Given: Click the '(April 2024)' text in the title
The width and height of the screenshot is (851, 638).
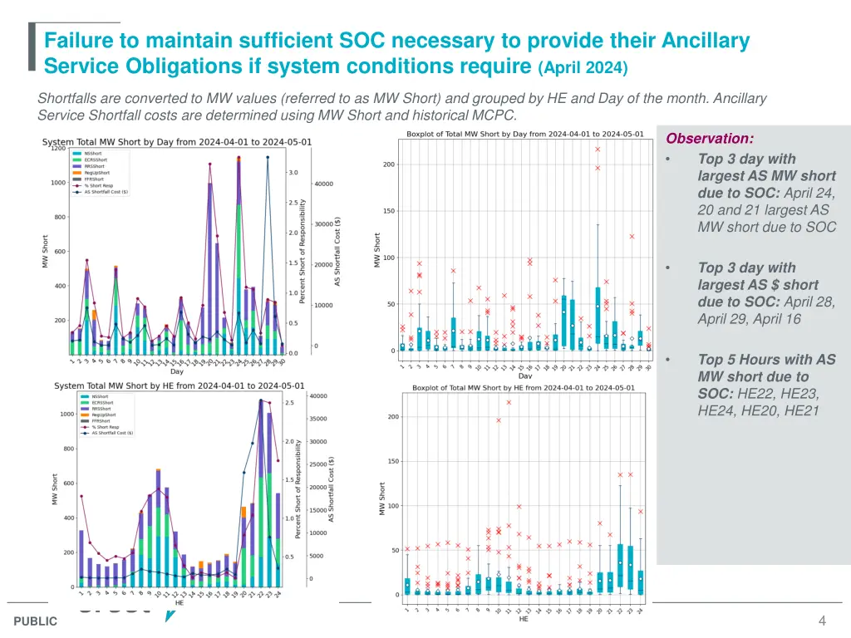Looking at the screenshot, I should click(x=583, y=67).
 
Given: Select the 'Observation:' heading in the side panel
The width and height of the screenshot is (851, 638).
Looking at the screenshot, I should click(x=711, y=139).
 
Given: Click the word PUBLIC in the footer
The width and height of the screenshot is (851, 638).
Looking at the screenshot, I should click(x=36, y=621).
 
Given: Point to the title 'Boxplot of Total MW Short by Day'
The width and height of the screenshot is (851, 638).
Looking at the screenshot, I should click(x=524, y=134).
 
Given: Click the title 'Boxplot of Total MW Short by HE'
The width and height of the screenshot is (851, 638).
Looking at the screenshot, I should click(x=523, y=388).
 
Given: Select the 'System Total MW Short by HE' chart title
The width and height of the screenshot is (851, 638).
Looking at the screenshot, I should click(x=180, y=385).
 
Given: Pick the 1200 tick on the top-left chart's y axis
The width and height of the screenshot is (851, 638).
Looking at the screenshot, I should click(x=58, y=150).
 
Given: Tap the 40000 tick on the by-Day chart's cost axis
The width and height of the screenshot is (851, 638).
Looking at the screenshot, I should click(x=323, y=184).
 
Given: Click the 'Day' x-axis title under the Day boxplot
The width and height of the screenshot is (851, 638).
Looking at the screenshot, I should click(x=524, y=375).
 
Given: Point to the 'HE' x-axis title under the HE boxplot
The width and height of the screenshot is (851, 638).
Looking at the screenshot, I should click(x=524, y=619).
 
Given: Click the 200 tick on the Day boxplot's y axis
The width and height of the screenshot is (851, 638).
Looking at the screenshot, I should click(x=389, y=164).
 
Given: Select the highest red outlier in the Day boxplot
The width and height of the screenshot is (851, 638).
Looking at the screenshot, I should click(x=598, y=150).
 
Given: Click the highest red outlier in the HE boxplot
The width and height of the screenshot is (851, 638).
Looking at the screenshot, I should click(x=509, y=402).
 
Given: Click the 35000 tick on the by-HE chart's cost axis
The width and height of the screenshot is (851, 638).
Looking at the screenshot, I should click(x=319, y=419).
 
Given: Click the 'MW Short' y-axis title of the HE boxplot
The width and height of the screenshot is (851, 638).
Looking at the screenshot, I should click(x=383, y=498).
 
